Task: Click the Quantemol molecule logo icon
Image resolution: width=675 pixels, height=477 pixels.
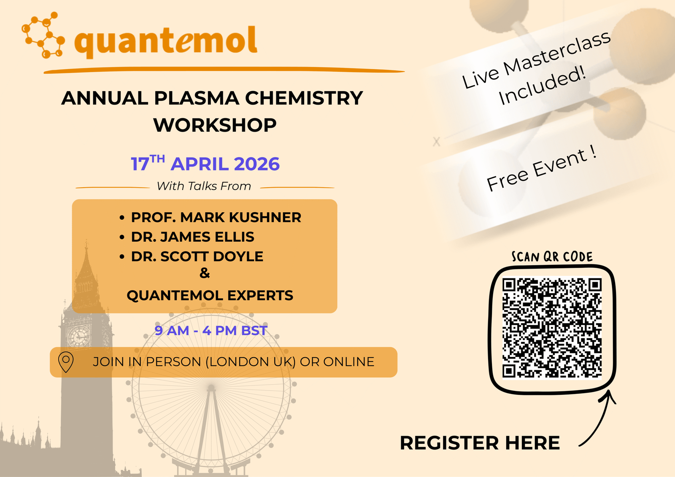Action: (x=43, y=35)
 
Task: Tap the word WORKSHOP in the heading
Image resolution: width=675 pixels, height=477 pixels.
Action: (x=215, y=125)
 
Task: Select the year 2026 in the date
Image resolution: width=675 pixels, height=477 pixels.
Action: (x=256, y=164)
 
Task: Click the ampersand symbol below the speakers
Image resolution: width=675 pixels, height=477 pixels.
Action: (x=205, y=273)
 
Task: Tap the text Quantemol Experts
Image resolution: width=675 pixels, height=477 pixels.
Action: (x=210, y=295)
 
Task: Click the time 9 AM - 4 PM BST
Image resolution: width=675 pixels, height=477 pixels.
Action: (x=211, y=331)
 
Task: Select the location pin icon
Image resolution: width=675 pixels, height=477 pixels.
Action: (x=66, y=362)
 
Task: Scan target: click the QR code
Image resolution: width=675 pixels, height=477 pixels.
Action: (x=552, y=328)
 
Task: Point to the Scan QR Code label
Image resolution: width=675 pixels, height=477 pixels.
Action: (x=552, y=257)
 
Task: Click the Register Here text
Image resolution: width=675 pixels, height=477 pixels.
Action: (x=480, y=443)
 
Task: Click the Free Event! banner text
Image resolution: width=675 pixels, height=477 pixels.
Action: (x=542, y=170)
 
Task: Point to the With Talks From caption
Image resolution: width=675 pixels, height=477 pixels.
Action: (x=204, y=186)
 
